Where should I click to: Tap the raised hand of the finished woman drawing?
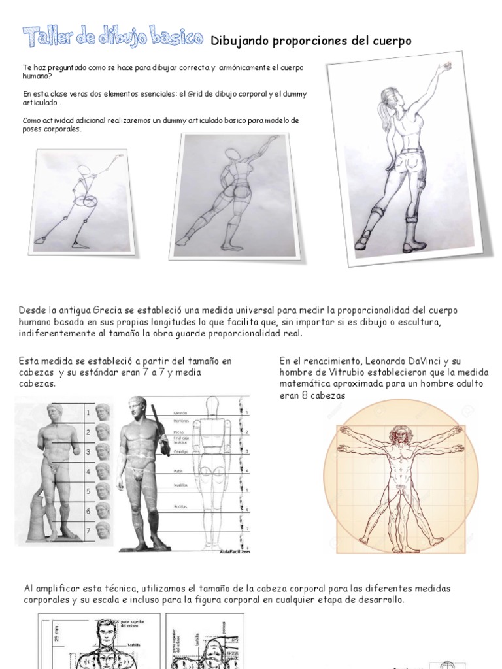446,66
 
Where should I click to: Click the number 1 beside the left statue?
88,413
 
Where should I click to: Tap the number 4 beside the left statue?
88,471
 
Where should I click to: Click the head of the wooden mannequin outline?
218,404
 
